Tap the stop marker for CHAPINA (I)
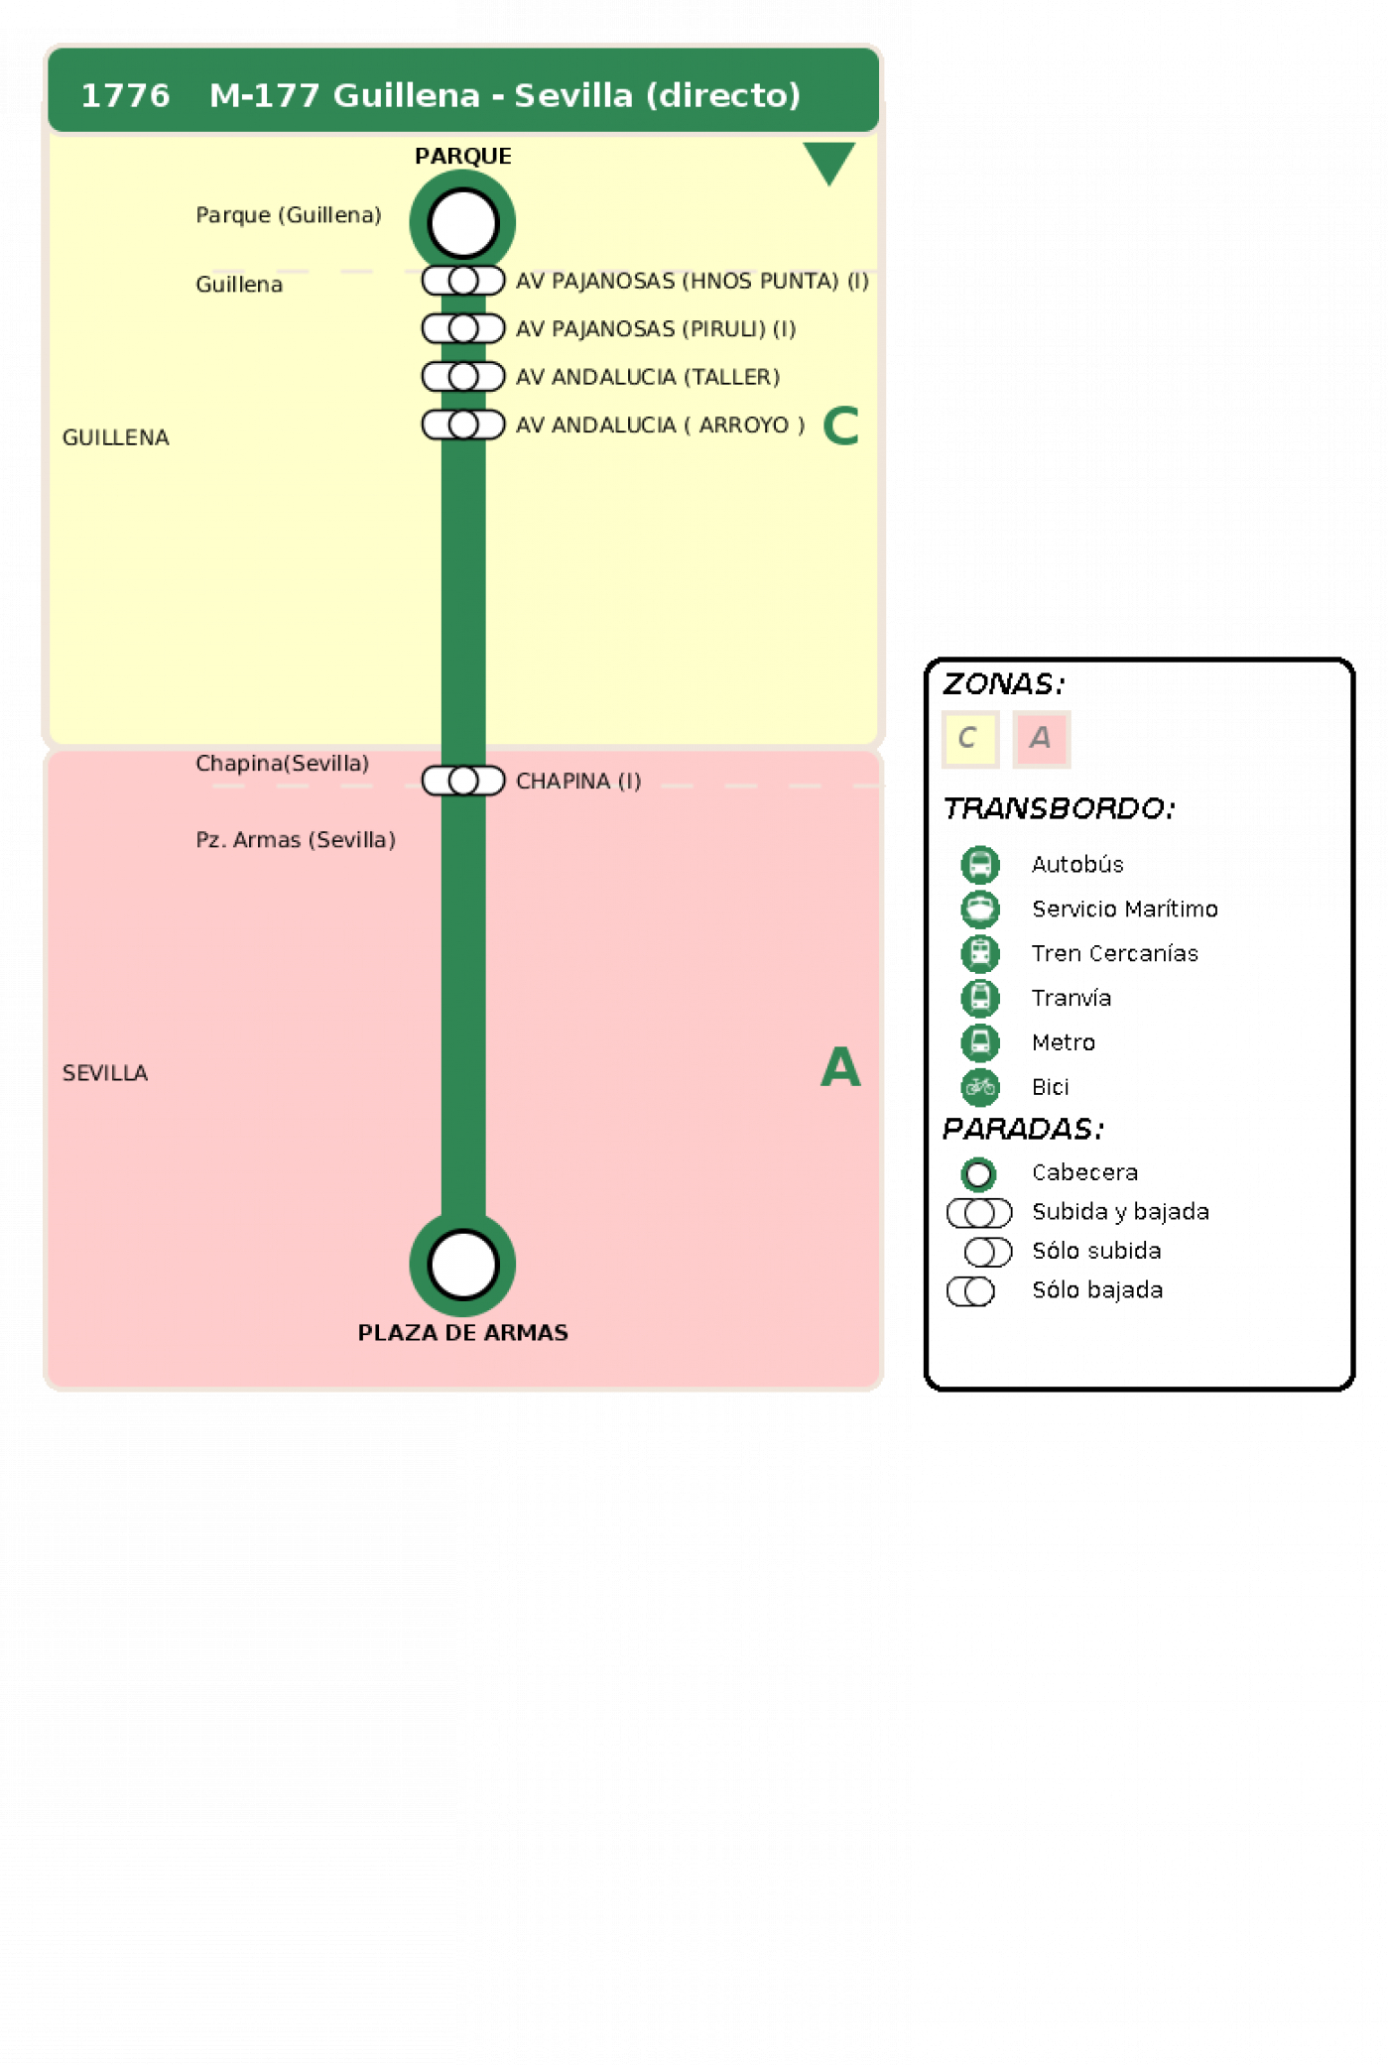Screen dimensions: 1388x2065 click(463, 781)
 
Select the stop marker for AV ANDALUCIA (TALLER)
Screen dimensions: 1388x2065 click(463, 377)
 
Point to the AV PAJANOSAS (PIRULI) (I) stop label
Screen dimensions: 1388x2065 click(656, 328)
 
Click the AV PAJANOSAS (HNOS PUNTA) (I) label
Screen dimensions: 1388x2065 click(693, 281)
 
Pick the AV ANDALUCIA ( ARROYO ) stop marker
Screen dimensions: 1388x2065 click(463, 425)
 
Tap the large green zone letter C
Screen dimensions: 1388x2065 click(840, 425)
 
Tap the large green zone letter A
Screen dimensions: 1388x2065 click(840, 1067)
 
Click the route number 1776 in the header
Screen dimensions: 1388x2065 click(125, 95)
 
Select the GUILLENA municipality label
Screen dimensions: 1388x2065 click(116, 437)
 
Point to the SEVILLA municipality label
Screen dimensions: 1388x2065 click(105, 1073)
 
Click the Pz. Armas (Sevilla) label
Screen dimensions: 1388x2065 click(296, 840)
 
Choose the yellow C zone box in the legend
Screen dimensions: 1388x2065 click(970, 739)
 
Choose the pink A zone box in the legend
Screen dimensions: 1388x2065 click(1041, 739)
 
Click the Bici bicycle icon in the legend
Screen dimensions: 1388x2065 click(980, 1087)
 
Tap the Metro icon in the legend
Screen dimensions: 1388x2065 click(980, 1042)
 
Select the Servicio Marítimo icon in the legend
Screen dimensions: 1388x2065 click(980, 909)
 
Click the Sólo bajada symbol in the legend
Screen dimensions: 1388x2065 click(971, 1291)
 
